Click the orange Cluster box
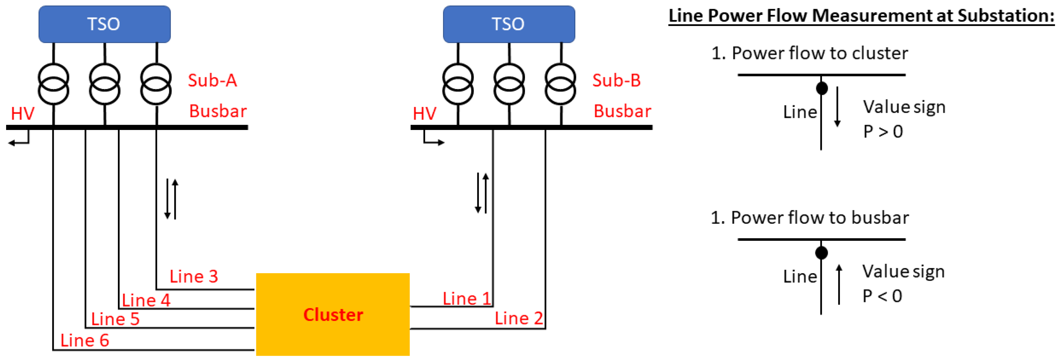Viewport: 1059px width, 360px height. point(333,314)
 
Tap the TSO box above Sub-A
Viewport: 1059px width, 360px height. point(104,24)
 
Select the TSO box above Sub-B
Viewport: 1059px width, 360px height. point(509,24)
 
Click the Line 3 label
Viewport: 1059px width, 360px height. point(194,277)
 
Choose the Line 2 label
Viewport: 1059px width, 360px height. point(519,318)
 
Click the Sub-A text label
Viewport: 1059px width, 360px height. point(212,80)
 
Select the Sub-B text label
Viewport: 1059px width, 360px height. point(616,80)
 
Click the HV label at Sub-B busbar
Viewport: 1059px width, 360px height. point(424,113)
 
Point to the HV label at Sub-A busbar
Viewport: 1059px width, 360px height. point(23,113)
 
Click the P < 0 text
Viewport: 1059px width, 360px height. point(882,296)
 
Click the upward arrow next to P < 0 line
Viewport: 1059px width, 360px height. point(839,284)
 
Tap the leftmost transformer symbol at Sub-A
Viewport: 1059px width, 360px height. point(53,84)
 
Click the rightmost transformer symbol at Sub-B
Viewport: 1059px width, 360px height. point(560,84)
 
